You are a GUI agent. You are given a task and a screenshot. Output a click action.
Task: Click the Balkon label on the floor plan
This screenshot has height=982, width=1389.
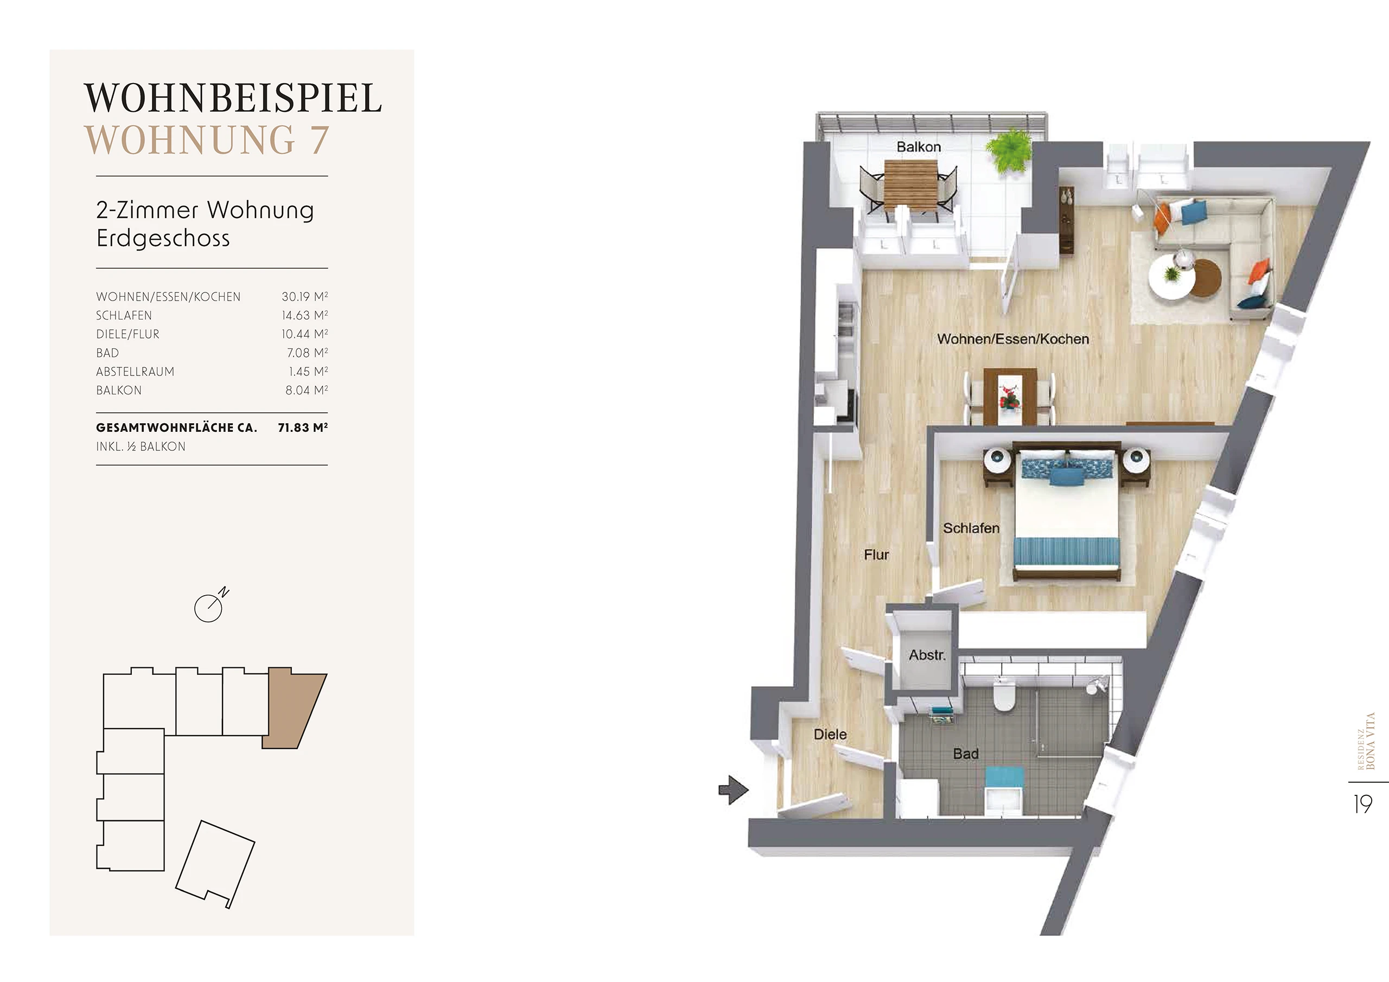[919, 147]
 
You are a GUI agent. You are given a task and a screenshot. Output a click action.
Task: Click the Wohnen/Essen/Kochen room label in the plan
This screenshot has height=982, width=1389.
[1012, 340]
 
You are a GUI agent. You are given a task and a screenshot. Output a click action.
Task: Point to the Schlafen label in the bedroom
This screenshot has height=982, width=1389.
[971, 528]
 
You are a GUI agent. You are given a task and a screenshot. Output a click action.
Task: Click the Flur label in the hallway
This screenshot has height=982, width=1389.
[877, 555]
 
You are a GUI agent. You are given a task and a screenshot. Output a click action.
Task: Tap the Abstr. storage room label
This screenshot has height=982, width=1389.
[927, 655]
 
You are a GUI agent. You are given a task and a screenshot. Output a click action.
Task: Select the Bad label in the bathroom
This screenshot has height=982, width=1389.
[966, 754]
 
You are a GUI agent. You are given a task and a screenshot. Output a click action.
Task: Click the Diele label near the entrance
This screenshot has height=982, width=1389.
[830, 735]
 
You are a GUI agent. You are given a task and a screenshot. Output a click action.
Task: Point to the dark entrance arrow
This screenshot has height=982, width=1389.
[733, 789]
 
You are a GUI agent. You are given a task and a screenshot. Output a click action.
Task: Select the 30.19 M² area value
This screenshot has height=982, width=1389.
[305, 296]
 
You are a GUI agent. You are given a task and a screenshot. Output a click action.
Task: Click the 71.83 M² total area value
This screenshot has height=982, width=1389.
[302, 427]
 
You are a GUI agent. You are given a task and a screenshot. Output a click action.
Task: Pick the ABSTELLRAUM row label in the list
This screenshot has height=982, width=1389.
[135, 372]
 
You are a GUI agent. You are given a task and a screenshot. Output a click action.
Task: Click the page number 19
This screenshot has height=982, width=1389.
[1363, 805]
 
